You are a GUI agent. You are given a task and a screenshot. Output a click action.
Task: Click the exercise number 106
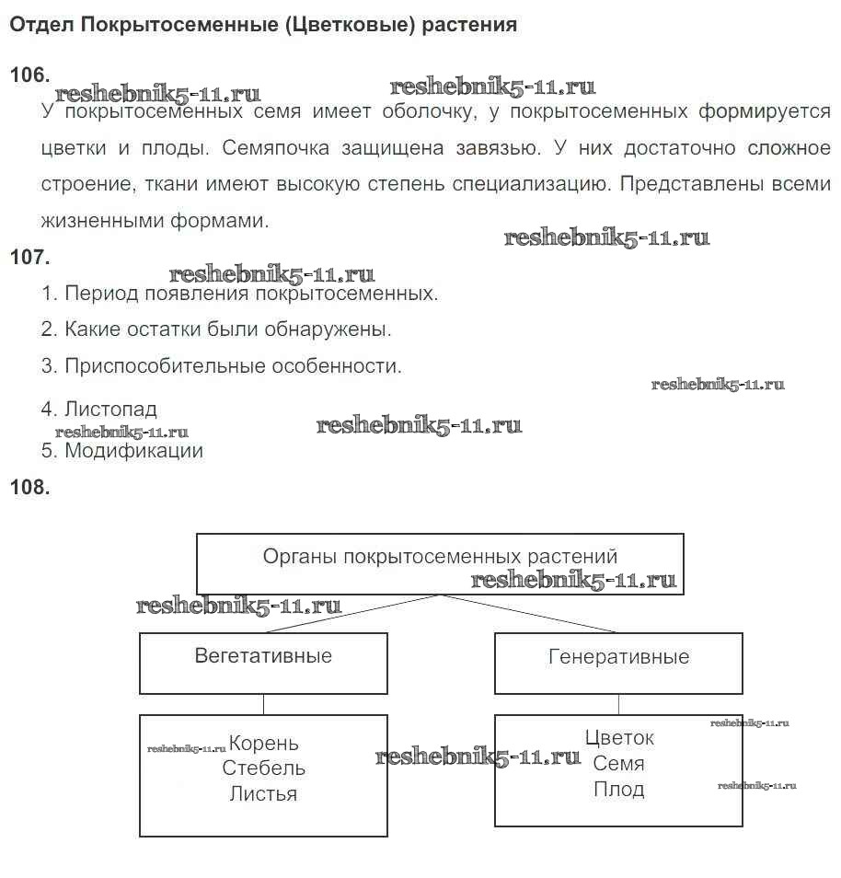click(x=29, y=75)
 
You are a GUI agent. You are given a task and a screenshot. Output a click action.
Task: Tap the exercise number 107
click(x=29, y=258)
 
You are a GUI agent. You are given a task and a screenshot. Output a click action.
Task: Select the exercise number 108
click(x=29, y=488)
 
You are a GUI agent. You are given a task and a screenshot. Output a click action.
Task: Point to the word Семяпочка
click(x=276, y=148)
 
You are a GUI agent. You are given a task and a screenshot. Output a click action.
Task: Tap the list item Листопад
click(x=110, y=409)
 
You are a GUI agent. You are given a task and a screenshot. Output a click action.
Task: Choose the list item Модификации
click(x=133, y=451)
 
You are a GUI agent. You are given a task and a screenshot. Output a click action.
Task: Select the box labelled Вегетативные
click(x=263, y=662)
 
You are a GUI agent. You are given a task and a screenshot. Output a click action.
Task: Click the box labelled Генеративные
click(x=618, y=662)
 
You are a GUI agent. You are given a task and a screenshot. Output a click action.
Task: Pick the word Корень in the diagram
click(x=264, y=744)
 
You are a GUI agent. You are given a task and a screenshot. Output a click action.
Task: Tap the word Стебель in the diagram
click(x=264, y=768)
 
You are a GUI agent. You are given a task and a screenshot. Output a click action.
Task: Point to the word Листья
click(x=264, y=793)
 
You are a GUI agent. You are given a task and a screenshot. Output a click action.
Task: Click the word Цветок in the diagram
click(x=619, y=738)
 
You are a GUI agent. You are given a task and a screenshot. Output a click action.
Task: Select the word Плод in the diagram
click(x=619, y=790)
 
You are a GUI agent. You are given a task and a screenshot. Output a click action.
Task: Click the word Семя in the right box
click(x=619, y=764)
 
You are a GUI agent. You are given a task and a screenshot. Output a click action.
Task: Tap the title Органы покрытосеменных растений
click(x=440, y=557)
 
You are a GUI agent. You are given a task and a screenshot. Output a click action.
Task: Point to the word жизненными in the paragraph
click(x=102, y=221)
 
